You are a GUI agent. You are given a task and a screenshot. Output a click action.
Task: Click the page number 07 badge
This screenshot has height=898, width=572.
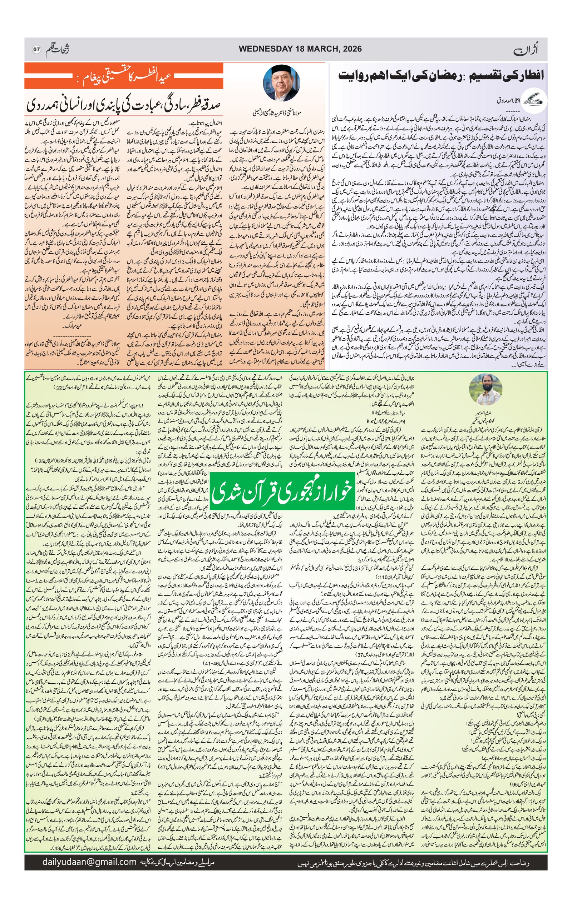click(36, 49)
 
